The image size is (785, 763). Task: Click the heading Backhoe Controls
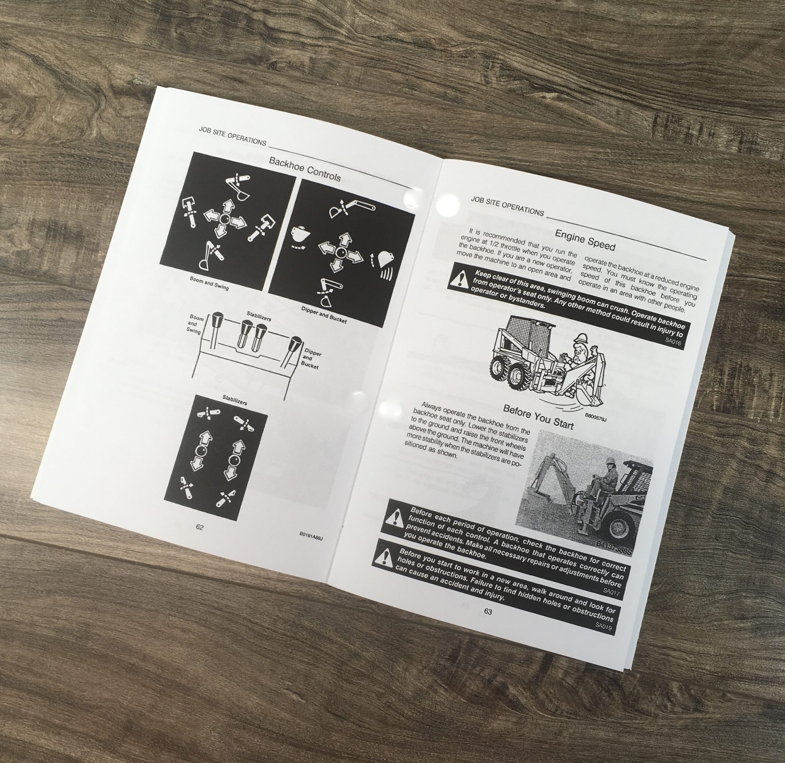(305, 169)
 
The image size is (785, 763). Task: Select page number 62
(199, 527)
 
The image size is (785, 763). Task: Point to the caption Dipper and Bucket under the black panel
(324, 315)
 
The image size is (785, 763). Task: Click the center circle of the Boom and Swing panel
(223, 218)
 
